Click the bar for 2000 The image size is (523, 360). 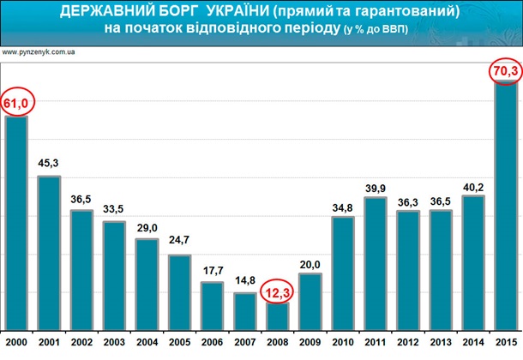coord(16,223)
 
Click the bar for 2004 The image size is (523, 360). coord(147,284)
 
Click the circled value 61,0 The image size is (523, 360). coord(18,104)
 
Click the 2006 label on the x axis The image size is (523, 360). coord(212,345)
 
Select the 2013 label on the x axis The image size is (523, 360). coord(440,345)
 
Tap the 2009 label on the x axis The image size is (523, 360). coord(310,345)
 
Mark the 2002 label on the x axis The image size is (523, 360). coord(81,345)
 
